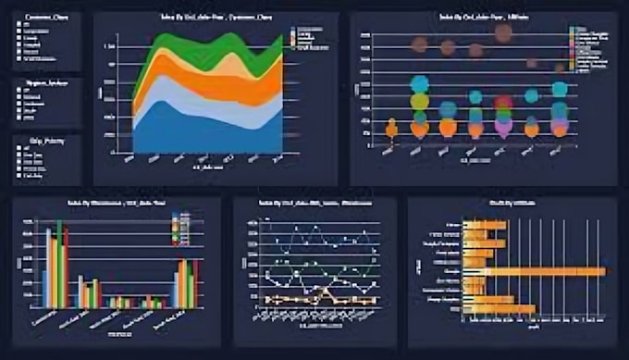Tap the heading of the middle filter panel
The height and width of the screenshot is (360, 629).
coord(41,81)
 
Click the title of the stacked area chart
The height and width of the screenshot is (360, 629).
coord(216,18)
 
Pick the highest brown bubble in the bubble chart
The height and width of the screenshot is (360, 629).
coord(503,34)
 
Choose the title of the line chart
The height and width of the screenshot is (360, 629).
coord(313,203)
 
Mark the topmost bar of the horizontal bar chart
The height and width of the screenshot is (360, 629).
coord(484,225)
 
